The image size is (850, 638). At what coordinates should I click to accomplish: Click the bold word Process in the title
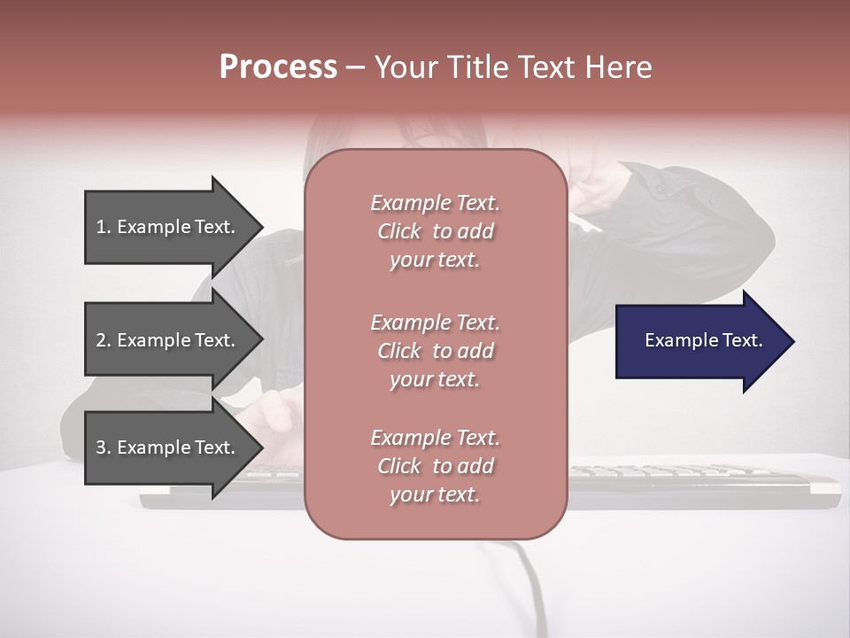coord(278,67)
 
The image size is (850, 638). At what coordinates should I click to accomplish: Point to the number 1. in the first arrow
coord(104,227)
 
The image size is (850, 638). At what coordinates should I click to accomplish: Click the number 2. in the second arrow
coord(104,340)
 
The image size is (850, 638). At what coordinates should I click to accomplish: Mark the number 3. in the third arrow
coord(104,447)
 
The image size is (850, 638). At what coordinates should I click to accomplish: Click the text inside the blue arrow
coord(703,340)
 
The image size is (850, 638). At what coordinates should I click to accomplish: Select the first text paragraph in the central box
coord(435,231)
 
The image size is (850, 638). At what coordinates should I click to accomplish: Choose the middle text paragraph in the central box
coord(435,351)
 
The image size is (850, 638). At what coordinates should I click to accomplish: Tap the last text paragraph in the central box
coord(435,466)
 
